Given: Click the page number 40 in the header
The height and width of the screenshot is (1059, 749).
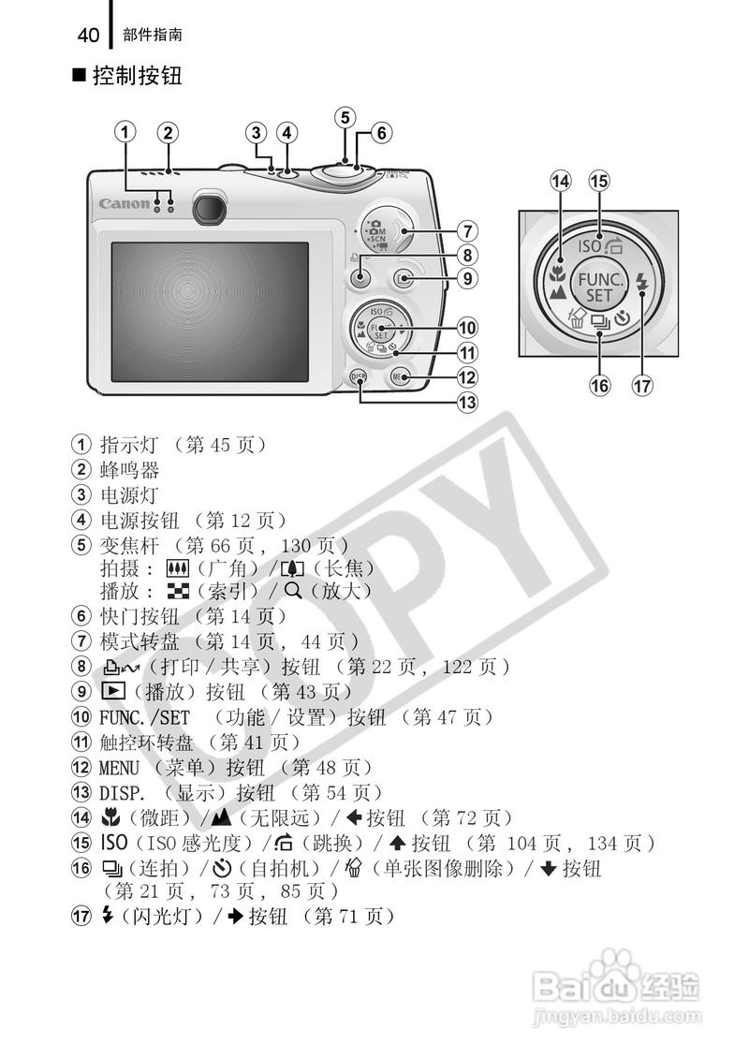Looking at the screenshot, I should tap(88, 36).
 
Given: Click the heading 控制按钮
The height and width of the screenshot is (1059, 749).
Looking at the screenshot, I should tap(136, 76).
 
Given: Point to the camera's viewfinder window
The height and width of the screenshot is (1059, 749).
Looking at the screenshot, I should tap(213, 208).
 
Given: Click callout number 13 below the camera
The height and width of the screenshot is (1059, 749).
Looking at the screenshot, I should tap(465, 403).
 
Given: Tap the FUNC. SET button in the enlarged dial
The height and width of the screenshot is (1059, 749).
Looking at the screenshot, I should tap(598, 287).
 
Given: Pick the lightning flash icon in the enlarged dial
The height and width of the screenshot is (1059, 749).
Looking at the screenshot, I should tap(641, 282).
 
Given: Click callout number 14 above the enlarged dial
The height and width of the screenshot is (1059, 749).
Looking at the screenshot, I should tap(561, 182).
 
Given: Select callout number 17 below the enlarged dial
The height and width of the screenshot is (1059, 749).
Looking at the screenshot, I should tap(641, 385).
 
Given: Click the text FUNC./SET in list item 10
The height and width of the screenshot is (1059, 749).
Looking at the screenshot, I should tap(138, 717).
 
